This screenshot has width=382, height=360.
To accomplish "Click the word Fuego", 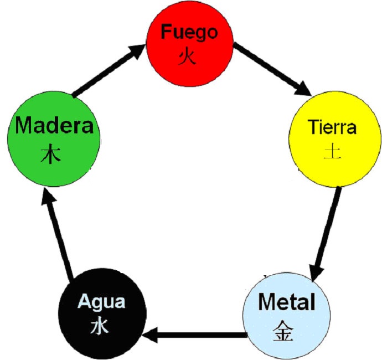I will [x=189, y=32].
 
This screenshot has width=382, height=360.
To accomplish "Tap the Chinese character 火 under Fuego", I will [x=187, y=56].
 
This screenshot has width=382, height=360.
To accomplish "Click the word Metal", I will [x=287, y=303].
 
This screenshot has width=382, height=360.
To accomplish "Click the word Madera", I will [x=54, y=126].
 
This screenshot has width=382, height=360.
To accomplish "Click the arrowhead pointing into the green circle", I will [x=48, y=197].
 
